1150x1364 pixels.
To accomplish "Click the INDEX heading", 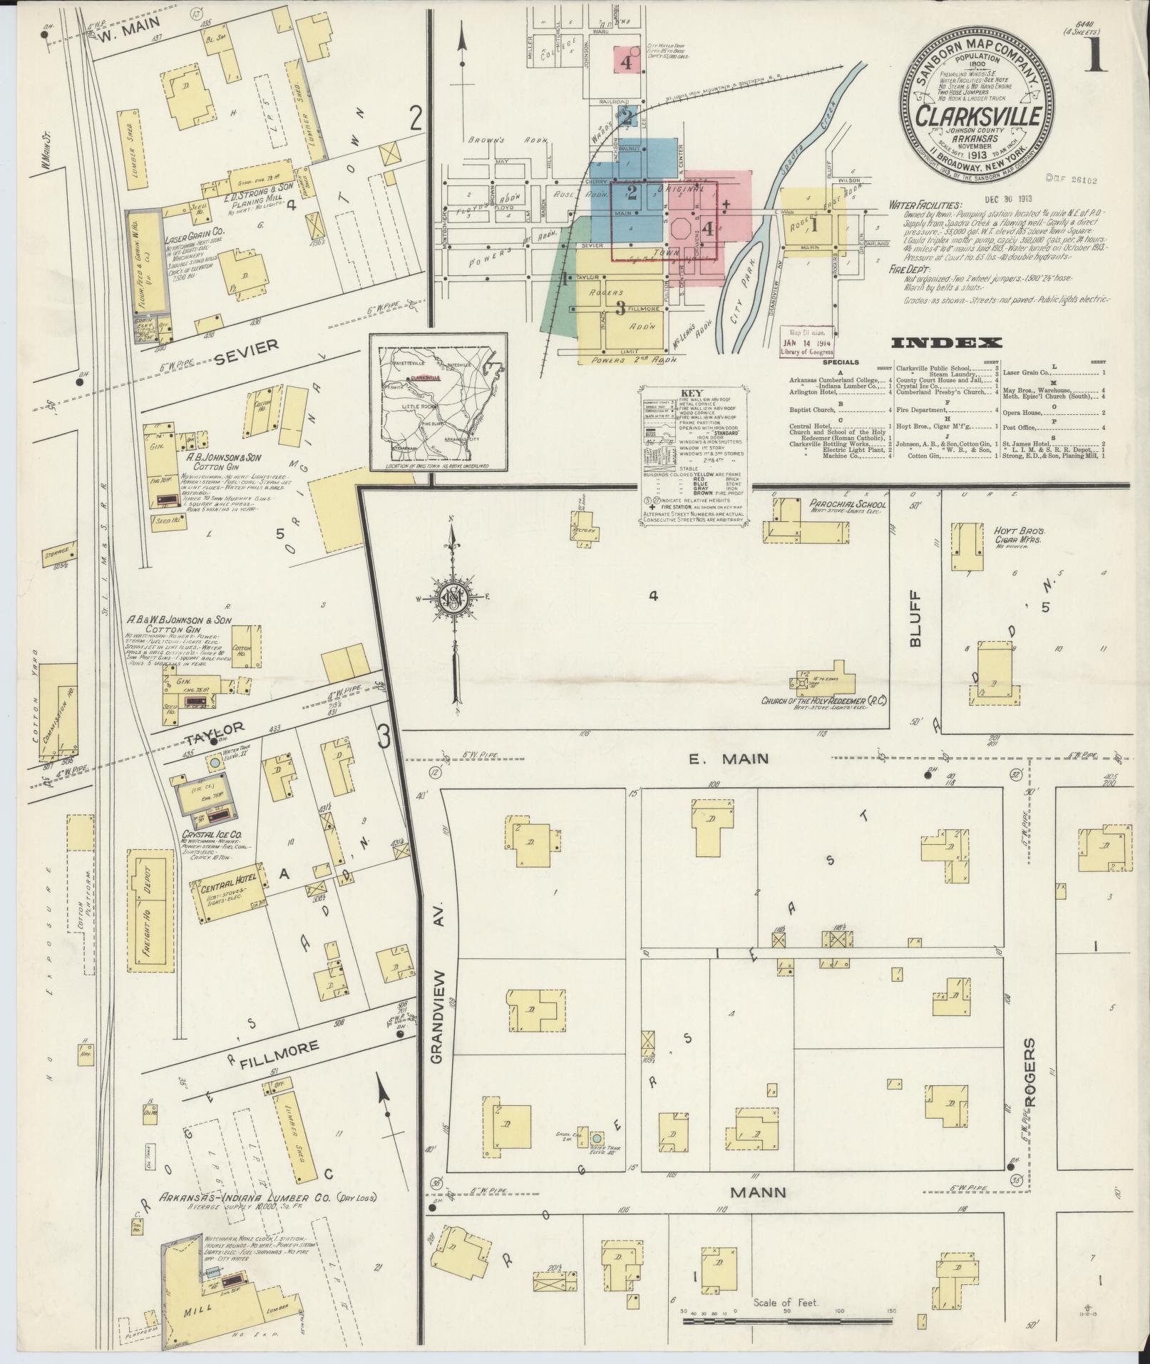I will click(947, 343).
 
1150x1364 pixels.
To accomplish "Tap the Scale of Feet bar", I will click(786, 1321).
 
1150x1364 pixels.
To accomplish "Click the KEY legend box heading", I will click(691, 393).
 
